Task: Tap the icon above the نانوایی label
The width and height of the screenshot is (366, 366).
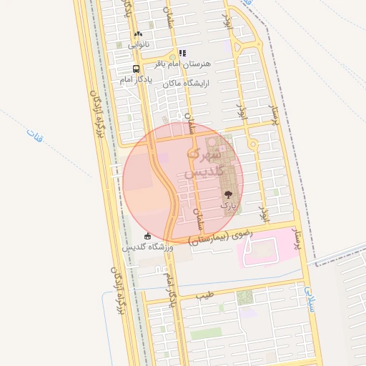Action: click(x=138, y=34)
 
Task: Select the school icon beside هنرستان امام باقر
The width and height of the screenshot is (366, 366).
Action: click(x=182, y=53)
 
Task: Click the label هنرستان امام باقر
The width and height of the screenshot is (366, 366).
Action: click(x=188, y=64)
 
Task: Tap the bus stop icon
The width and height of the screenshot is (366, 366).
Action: click(x=135, y=69)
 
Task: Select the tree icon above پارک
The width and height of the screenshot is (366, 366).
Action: click(x=228, y=194)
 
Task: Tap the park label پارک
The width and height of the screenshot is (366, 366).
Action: click(x=228, y=204)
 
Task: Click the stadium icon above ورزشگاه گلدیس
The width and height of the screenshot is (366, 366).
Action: click(x=147, y=236)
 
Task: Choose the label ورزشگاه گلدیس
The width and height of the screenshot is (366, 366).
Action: click(x=147, y=247)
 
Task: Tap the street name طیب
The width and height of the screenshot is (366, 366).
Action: click(x=206, y=295)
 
